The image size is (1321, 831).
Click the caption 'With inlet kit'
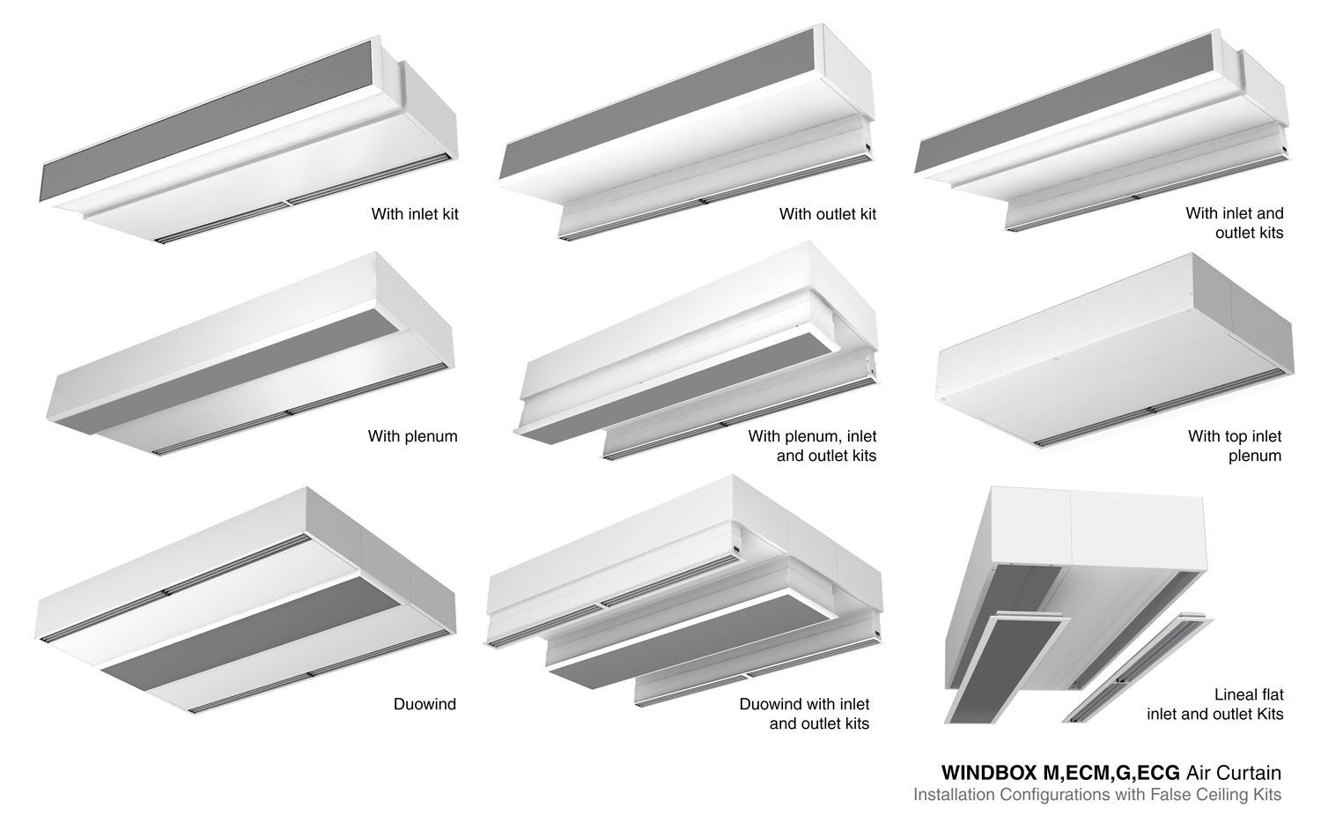point(415,213)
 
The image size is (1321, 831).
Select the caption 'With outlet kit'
point(828,213)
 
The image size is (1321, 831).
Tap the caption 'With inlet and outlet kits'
point(1235,222)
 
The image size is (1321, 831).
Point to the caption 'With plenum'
point(413,436)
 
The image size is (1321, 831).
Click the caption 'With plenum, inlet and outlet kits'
point(812,446)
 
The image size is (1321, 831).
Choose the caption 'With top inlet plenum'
point(1235,446)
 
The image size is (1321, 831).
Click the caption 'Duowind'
point(424,704)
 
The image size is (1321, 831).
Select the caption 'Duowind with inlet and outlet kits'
point(804,714)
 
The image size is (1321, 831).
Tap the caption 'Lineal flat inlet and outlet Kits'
point(1214,704)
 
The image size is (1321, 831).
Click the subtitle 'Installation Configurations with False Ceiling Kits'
point(1097,794)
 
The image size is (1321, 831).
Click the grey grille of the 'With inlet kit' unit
point(206,121)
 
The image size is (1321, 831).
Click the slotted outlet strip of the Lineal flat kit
point(1138,667)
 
